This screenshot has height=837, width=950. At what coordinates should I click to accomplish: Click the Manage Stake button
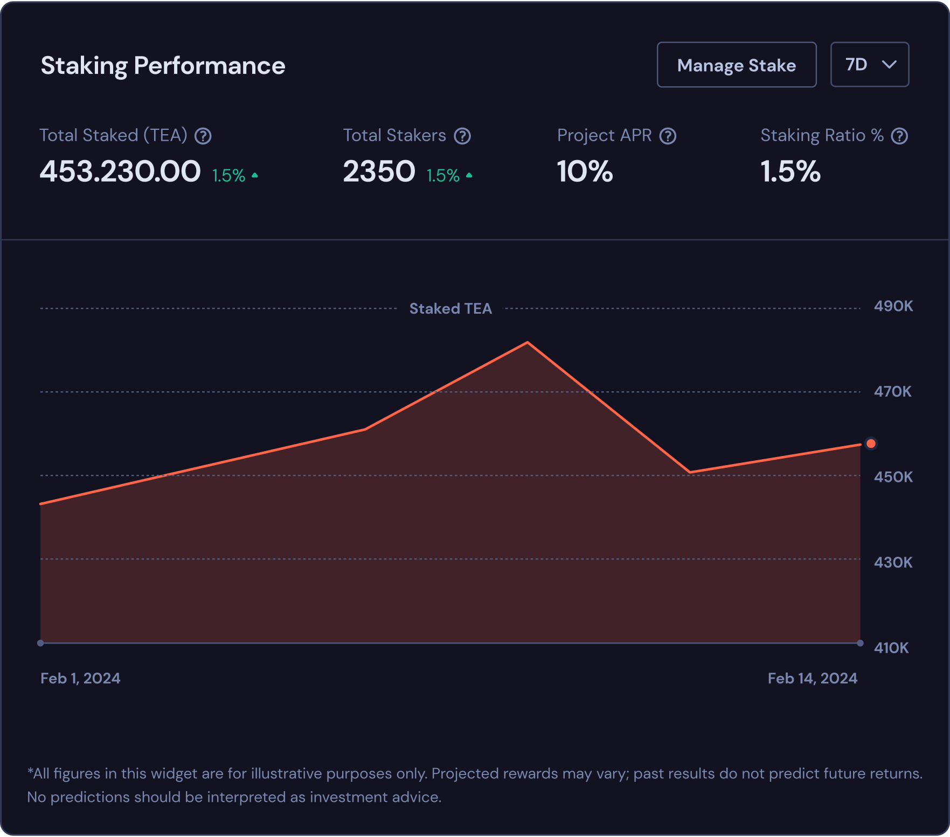pyautogui.click(x=736, y=65)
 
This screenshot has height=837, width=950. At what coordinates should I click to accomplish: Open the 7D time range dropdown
pyautogui.click(x=869, y=65)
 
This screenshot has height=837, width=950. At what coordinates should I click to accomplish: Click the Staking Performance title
pyautogui.click(x=163, y=66)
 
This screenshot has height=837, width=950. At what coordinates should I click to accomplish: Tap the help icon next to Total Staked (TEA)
pyautogui.click(x=203, y=136)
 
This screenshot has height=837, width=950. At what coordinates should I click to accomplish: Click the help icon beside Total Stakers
pyautogui.click(x=462, y=136)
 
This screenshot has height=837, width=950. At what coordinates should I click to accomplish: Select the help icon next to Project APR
pyautogui.click(x=668, y=136)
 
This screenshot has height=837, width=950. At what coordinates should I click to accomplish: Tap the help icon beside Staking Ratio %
pyautogui.click(x=899, y=136)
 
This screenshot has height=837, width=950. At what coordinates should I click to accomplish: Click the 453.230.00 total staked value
pyautogui.click(x=120, y=172)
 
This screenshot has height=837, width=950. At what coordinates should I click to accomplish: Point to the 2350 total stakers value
pyautogui.click(x=379, y=172)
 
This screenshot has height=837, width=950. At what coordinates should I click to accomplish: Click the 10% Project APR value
pyautogui.click(x=585, y=172)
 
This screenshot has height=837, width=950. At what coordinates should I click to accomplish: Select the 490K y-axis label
pyautogui.click(x=893, y=306)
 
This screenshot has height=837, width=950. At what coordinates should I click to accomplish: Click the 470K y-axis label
pyautogui.click(x=892, y=391)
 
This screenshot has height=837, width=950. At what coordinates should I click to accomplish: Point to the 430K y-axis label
pyautogui.click(x=893, y=562)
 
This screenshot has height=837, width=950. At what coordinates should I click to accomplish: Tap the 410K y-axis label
pyautogui.click(x=891, y=647)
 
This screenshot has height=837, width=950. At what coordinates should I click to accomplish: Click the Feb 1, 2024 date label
pyautogui.click(x=80, y=678)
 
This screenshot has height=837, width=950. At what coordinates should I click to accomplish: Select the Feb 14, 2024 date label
pyautogui.click(x=812, y=678)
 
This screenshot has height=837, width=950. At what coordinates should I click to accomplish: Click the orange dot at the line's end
pyautogui.click(x=871, y=444)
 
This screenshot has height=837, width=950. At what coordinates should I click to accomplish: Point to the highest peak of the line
pyautogui.click(x=527, y=342)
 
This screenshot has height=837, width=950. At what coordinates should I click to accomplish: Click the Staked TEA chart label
pyautogui.click(x=450, y=308)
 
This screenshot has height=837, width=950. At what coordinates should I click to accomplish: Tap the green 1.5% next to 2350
pyautogui.click(x=443, y=176)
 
